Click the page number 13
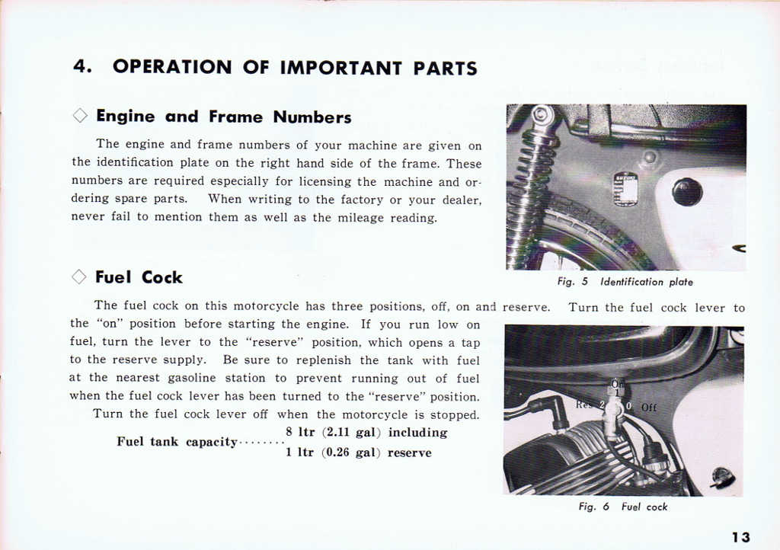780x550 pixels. click(x=740, y=537)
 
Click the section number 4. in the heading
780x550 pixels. click(x=82, y=67)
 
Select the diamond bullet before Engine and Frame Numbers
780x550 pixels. click(x=80, y=117)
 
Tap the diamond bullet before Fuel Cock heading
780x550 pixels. click(x=79, y=277)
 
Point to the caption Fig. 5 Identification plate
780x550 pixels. click(x=624, y=282)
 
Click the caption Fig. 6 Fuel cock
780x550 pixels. click(x=622, y=507)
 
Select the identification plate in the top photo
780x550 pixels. click(x=625, y=188)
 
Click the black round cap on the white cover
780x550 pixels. click(x=686, y=191)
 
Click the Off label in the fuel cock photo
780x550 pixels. click(x=649, y=408)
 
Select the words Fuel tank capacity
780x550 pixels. click(x=177, y=442)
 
